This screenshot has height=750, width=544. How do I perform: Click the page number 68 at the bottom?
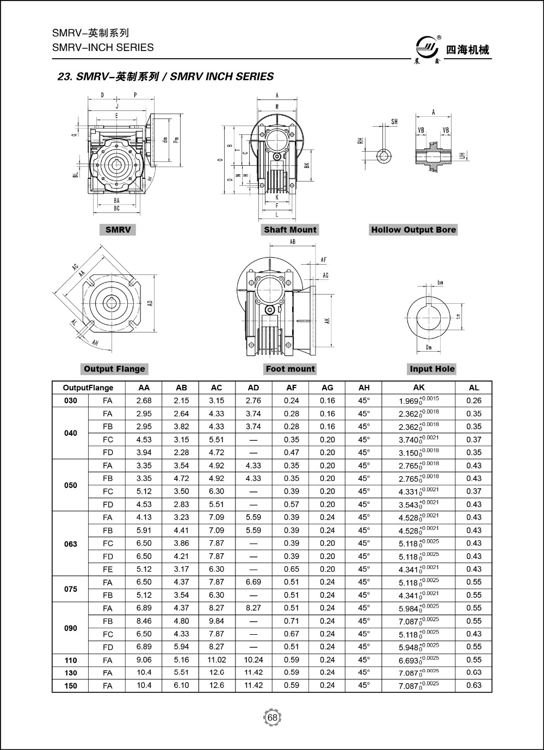(273, 718)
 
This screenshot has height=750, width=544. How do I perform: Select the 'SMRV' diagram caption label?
(118, 230)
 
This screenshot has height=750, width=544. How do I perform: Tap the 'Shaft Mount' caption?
(290, 230)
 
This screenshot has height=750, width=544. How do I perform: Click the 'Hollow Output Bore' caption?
(413, 230)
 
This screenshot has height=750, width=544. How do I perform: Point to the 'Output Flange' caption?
(114, 369)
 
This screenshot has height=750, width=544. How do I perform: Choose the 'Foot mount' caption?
(290, 369)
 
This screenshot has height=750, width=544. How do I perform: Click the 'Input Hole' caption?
(432, 369)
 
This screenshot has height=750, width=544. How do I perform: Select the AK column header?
(418, 387)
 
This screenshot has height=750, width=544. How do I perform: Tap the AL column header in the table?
(474, 387)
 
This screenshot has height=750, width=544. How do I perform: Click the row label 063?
(71, 543)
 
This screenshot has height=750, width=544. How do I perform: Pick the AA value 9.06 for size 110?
(144, 660)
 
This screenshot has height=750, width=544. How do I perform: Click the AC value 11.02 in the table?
(217, 660)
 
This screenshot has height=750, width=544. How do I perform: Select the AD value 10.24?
(254, 660)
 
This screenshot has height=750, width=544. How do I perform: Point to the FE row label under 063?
(108, 570)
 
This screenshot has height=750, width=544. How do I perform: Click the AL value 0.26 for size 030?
(474, 401)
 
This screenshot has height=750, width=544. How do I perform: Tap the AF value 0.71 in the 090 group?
(292, 621)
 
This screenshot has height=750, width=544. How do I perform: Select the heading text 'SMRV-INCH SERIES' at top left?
(103, 47)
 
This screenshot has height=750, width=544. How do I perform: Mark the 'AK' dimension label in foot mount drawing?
(327, 321)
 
